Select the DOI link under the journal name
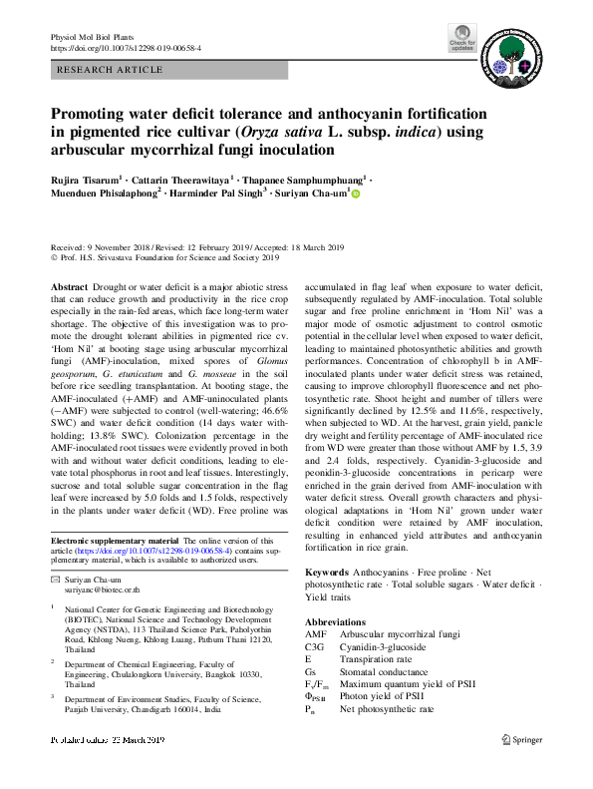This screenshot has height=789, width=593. point(126,47)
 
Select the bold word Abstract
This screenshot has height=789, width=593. point(69,286)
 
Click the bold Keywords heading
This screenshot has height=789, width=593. point(327,572)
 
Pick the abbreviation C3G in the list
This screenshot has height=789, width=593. point(314,646)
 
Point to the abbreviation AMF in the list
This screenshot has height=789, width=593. point(314,634)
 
